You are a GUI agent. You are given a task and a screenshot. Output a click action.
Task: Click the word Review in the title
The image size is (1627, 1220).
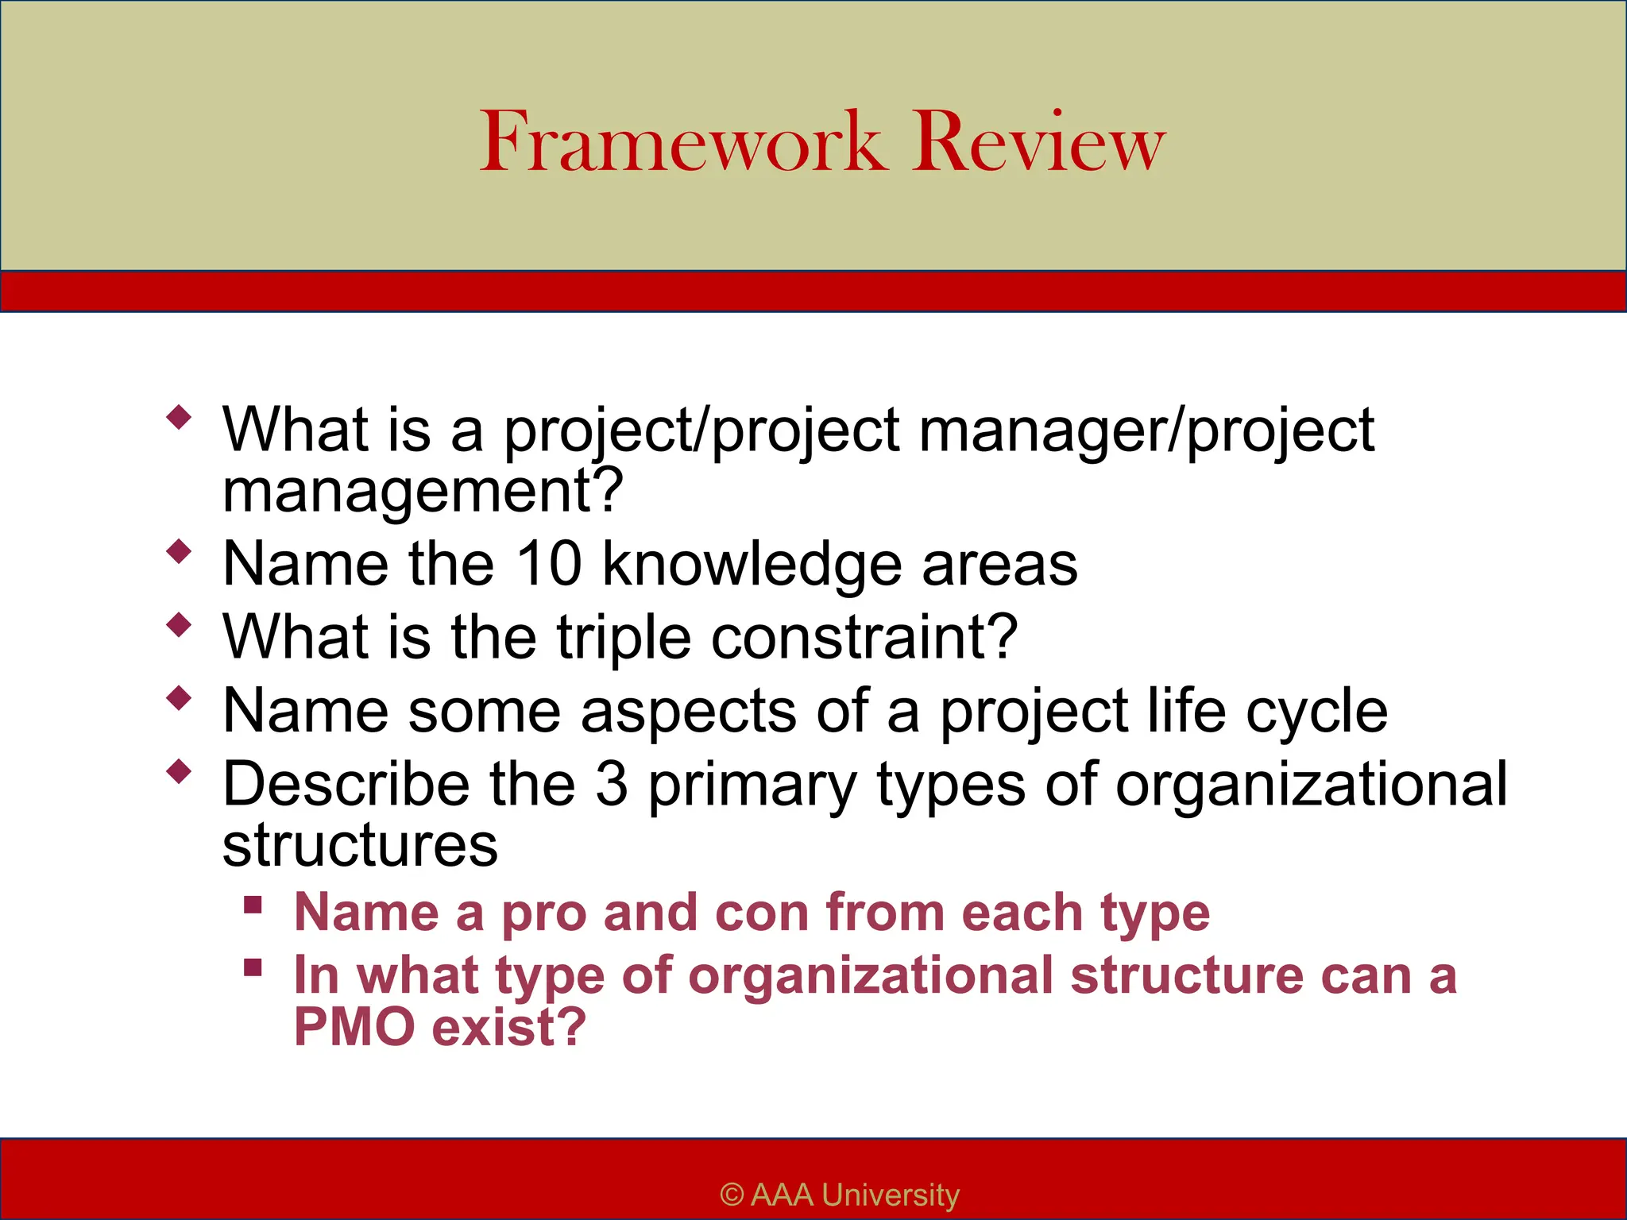point(1038,143)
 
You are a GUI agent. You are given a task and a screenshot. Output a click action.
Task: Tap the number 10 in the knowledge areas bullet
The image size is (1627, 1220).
point(548,564)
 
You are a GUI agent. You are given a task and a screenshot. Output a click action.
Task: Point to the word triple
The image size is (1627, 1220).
point(624,639)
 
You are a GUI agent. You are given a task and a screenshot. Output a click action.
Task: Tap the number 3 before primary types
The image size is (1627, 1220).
point(612,785)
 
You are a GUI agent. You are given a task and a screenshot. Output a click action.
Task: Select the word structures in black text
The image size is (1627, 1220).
point(360,845)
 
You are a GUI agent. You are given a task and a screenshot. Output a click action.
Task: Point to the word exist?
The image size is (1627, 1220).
point(509,1026)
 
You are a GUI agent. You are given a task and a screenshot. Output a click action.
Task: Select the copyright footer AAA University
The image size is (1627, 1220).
point(840,1195)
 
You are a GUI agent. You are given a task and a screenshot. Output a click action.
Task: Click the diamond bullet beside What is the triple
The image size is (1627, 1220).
point(180,624)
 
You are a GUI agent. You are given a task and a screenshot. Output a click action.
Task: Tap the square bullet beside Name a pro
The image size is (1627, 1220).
point(253,905)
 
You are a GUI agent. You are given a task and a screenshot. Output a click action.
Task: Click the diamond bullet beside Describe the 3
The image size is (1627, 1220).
point(180,770)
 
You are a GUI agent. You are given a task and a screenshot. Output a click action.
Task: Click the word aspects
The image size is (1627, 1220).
point(688,712)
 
